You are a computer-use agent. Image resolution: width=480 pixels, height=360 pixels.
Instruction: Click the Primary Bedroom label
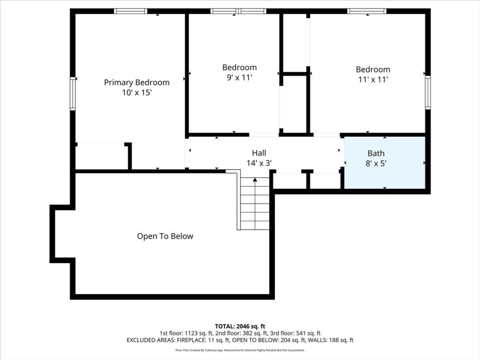click(136, 82)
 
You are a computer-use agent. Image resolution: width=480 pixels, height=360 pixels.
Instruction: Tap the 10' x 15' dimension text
click(137, 92)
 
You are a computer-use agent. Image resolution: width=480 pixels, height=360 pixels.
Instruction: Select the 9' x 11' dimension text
click(240, 77)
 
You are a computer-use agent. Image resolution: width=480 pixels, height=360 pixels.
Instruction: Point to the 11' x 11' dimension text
click(373, 80)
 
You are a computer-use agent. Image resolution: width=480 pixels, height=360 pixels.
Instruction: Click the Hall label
click(259, 153)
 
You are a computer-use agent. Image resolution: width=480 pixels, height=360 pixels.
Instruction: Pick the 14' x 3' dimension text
click(259, 163)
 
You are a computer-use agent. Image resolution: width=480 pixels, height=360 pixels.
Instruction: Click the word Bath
click(376, 153)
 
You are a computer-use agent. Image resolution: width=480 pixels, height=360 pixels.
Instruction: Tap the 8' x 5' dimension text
click(376, 164)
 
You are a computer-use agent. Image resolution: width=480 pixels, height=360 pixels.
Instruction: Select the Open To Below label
click(165, 236)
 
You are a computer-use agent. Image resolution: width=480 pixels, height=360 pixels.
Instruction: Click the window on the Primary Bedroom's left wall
click(73, 93)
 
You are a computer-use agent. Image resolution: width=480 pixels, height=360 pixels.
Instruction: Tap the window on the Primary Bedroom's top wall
click(130, 11)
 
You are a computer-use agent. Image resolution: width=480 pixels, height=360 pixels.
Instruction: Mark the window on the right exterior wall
click(428, 92)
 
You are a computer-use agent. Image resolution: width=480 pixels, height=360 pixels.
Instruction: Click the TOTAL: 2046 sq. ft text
click(240, 326)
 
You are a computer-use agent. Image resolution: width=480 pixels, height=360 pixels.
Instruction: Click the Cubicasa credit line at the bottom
click(240, 350)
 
